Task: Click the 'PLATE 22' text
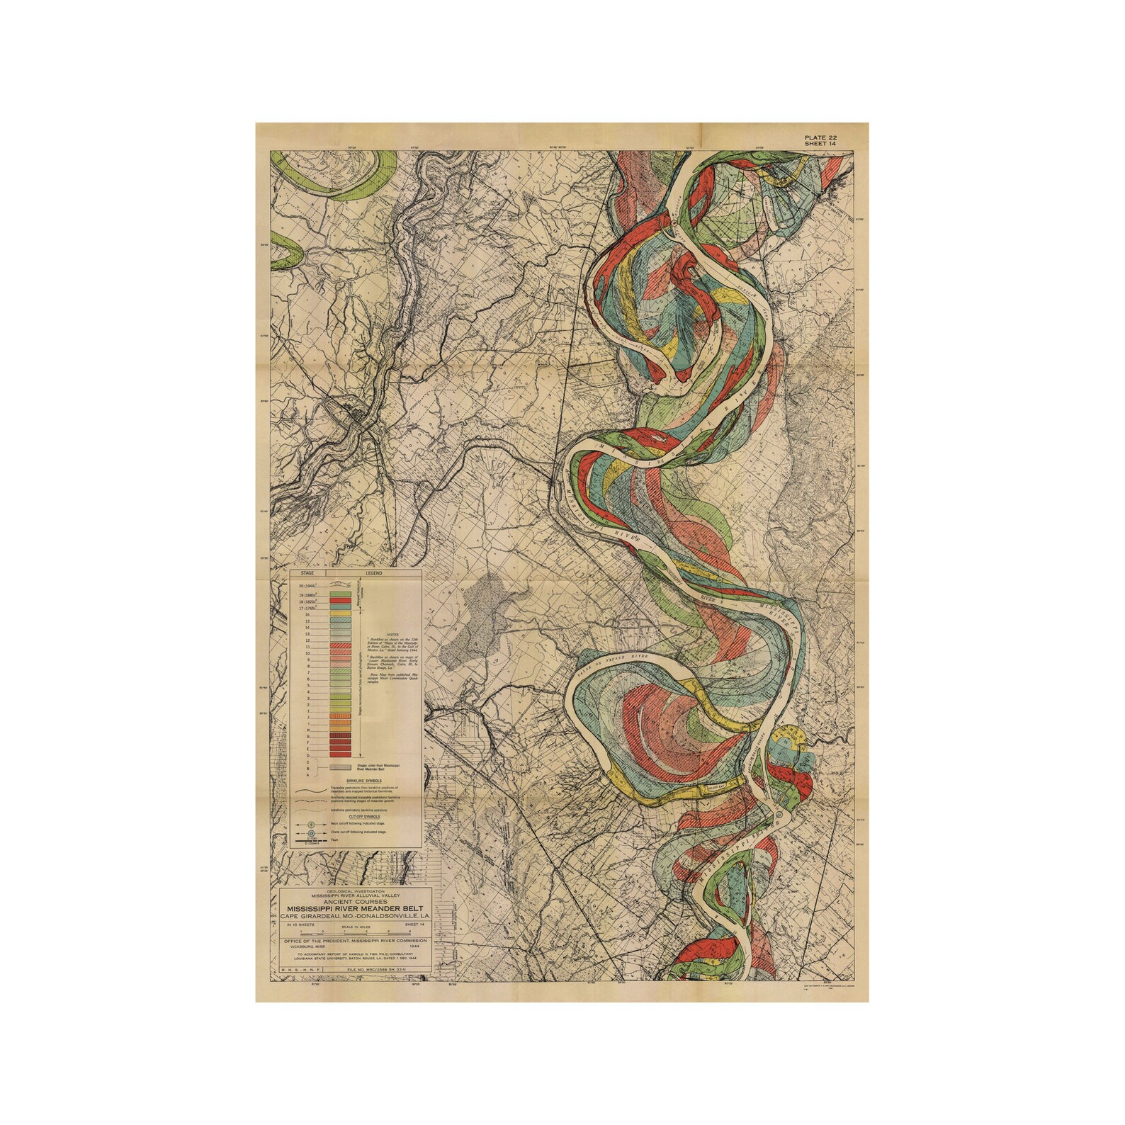click(821, 137)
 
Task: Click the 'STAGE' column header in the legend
click(307, 572)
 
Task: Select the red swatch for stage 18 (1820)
click(341, 601)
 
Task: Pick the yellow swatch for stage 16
click(341, 614)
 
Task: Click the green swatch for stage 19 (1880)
click(341, 594)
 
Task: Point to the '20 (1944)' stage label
click(307, 587)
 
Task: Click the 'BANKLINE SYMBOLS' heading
click(346, 780)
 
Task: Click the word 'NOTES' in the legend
click(392, 635)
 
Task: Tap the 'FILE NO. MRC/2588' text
click(378, 967)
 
